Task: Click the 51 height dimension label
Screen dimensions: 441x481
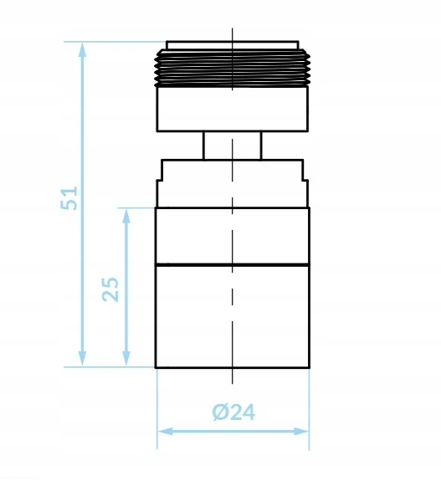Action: [69, 198]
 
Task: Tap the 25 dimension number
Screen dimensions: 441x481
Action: [110, 289]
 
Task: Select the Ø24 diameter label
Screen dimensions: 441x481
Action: [233, 412]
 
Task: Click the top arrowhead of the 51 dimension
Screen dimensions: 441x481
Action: [82, 49]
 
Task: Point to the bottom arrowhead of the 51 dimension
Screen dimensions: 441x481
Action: [82, 359]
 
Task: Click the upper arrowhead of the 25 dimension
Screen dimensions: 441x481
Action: [126, 216]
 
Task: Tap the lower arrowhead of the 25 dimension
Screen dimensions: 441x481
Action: [126, 359]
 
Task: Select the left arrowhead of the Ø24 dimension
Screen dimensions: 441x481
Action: [165, 432]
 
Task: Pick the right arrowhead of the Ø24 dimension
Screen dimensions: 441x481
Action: [301, 432]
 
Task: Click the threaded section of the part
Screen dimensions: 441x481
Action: [233, 68]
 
